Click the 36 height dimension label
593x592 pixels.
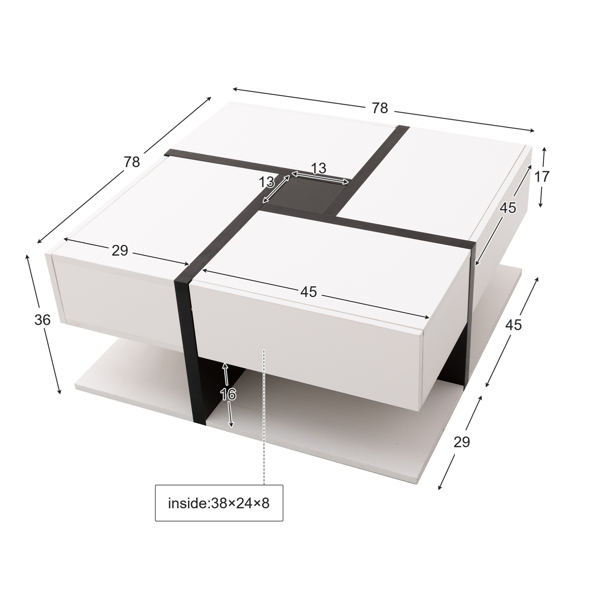(x=42, y=320)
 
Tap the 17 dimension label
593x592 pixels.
(x=541, y=177)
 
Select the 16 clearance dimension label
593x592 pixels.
(x=228, y=394)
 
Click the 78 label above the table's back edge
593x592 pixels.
(x=380, y=108)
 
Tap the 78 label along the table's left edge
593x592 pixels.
(x=132, y=162)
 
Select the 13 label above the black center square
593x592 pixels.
(x=319, y=168)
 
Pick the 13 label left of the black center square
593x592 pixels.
(x=266, y=182)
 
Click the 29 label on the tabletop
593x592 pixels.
(x=120, y=251)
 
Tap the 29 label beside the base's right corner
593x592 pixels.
(x=462, y=442)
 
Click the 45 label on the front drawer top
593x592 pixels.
(x=308, y=292)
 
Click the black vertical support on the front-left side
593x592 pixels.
(x=190, y=347)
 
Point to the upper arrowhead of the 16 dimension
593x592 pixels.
(x=225, y=366)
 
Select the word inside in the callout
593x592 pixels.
(x=188, y=504)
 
